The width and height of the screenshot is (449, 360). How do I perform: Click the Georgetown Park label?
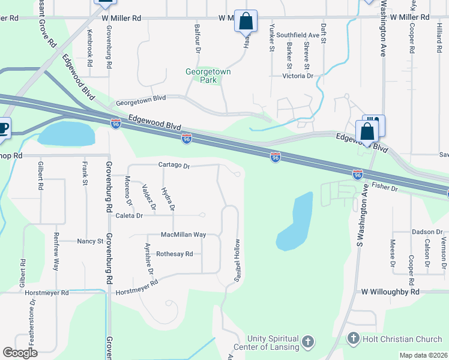[x=208, y=76]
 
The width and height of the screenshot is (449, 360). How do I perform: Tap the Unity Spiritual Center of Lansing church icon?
[x=307, y=342]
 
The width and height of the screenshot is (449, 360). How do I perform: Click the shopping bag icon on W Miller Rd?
[x=246, y=21]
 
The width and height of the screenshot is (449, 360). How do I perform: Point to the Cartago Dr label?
[x=173, y=166]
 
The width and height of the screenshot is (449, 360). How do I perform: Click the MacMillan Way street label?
[x=183, y=235]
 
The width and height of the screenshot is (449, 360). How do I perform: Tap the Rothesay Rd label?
[x=174, y=254]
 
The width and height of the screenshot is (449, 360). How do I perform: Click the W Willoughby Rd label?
[x=390, y=292]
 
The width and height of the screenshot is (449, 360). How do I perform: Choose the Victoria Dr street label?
[x=298, y=76]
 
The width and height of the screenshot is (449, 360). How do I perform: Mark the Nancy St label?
[x=90, y=241]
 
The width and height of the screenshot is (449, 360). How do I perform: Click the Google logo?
[x=20, y=353]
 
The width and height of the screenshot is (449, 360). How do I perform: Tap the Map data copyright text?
[x=423, y=355]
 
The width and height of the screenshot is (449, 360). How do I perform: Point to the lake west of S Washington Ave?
[x=295, y=222]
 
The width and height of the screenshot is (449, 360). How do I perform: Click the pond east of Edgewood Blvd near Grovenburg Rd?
[x=67, y=133]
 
